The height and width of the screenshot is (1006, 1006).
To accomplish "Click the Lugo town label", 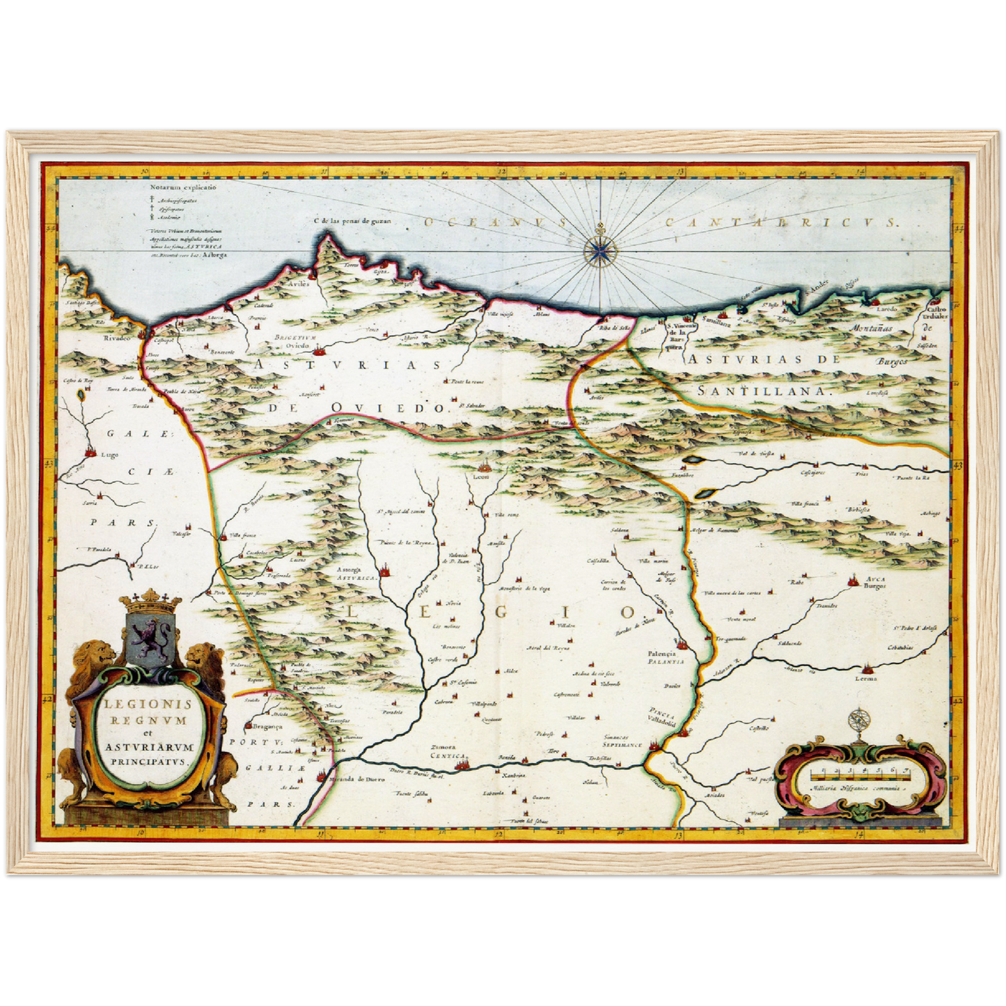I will coord(110,455).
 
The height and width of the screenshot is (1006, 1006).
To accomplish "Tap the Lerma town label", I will coord(867,678).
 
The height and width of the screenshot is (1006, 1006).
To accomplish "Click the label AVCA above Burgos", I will coord(875,578).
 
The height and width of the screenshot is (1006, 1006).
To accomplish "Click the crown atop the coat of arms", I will coord(151,599).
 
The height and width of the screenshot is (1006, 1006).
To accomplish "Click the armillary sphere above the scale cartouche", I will coord(859,721).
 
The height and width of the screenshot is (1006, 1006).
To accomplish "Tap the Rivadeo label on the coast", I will coord(117,338).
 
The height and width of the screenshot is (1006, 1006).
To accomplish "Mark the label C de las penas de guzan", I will coord(353,221).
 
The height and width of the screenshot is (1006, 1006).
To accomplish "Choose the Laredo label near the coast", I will coord(887,308).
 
